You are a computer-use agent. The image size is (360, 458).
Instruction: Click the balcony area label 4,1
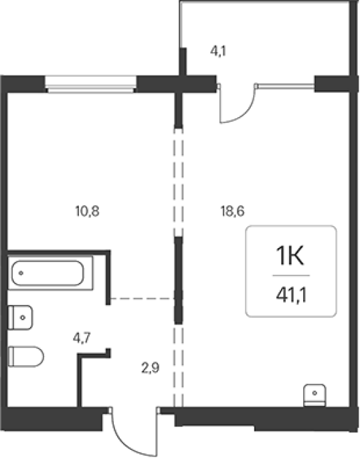[218, 51]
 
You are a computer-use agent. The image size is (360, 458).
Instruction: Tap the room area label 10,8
[88, 211]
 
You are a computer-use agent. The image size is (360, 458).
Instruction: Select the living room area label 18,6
[232, 211]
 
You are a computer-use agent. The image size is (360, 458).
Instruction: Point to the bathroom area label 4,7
[82, 338]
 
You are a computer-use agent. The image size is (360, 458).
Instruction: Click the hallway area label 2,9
[151, 368]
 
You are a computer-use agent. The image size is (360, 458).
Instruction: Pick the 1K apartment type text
[290, 256]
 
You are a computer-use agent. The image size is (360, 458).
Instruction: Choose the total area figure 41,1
[291, 296]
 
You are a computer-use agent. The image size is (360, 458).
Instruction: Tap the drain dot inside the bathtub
[21, 273]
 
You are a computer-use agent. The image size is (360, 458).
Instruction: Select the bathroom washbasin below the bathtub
[20, 318]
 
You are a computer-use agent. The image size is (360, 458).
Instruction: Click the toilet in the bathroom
[25, 356]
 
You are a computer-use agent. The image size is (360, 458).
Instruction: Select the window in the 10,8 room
[90, 84]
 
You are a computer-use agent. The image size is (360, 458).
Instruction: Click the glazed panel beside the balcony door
[286, 86]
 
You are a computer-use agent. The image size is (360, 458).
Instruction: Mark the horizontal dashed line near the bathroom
[143, 298]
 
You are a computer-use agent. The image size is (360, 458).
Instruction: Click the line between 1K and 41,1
[291, 275]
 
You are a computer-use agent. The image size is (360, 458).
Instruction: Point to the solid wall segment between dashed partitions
[178, 280]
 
